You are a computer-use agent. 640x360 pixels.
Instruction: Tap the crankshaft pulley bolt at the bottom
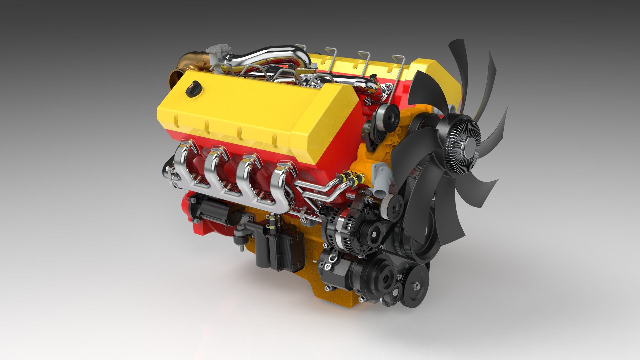click(416, 286)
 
